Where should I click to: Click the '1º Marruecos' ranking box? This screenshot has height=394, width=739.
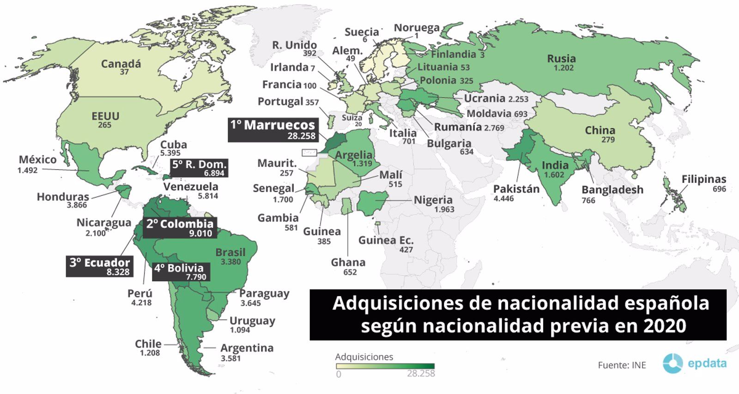(273, 130)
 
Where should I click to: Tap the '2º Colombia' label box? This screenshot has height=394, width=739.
(180, 228)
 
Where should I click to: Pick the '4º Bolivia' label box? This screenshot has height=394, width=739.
(181, 272)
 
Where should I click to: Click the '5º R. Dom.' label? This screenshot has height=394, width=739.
(199, 168)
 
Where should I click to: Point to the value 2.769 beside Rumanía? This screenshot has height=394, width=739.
(494, 128)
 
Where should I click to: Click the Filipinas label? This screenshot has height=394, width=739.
(703, 179)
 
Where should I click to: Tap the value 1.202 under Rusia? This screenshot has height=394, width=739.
(563, 68)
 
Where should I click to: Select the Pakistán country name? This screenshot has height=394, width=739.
(516, 189)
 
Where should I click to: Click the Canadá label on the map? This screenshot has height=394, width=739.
(121, 63)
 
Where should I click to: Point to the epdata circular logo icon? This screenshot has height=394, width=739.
(672, 364)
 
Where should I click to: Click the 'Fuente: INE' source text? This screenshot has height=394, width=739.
(622, 365)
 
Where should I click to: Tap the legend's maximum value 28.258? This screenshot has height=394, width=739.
(421, 374)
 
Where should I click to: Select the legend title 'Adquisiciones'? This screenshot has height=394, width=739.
(364, 357)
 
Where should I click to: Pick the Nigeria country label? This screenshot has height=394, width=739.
(433, 200)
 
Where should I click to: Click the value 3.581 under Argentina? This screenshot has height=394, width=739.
(230, 358)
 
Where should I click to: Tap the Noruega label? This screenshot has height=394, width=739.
(416, 28)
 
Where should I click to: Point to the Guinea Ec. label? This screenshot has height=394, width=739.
(386, 240)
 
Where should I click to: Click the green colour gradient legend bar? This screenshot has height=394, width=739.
(385, 366)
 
